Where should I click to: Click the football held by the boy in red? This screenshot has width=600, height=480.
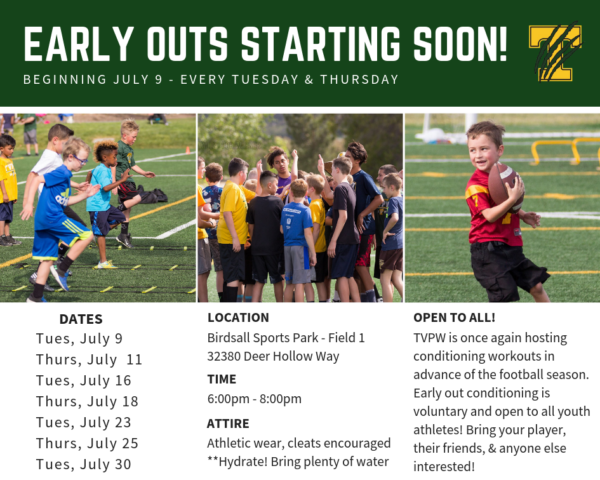click(505, 186)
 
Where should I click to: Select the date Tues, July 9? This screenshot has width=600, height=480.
click(79, 338)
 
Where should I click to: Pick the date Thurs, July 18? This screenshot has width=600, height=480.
click(87, 401)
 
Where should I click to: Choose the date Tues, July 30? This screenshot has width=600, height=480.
click(83, 464)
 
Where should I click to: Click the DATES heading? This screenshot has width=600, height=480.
click(81, 319)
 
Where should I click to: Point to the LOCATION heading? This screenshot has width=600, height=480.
click(238, 317)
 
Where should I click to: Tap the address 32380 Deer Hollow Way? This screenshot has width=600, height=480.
click(273, 356)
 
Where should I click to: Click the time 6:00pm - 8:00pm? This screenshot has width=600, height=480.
click(254, 399)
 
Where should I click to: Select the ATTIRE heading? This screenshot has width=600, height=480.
click(228, 423)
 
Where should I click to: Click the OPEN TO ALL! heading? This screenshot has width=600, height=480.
click(454, 317)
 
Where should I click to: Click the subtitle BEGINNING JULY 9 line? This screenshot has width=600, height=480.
click(211, 80)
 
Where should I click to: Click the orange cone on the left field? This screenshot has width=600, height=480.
click(188, 150)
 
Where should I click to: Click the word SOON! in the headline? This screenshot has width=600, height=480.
click(460, 45)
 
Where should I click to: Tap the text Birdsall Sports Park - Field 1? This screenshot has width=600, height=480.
click(286, 338)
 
